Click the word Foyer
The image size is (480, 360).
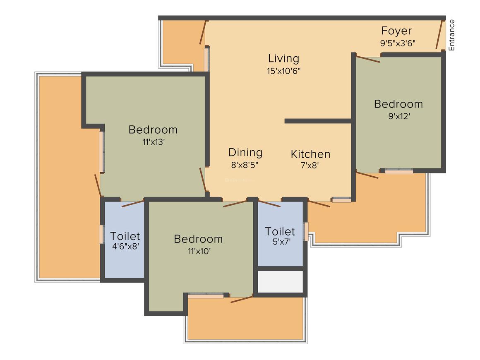[396, 31]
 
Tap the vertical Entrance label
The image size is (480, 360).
[451, 35]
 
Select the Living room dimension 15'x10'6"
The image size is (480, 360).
[283, 71]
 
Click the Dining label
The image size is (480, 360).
[245, 153]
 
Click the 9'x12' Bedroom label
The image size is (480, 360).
[398, 104]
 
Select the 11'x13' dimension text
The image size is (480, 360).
[153, 141]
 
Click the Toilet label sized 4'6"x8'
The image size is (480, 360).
[125, 236]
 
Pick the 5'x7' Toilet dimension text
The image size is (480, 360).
[280, 242]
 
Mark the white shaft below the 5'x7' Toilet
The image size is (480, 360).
[280, 282]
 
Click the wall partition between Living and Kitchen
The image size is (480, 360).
[318, 121]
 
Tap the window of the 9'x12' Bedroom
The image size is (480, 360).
[399, 171]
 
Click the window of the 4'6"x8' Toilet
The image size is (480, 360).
[101, 234]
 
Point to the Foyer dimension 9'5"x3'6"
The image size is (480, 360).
[398, 42]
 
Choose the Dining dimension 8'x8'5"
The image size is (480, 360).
[245, 164]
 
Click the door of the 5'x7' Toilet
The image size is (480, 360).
[269, 203]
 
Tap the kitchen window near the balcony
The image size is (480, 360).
[341, 200]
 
